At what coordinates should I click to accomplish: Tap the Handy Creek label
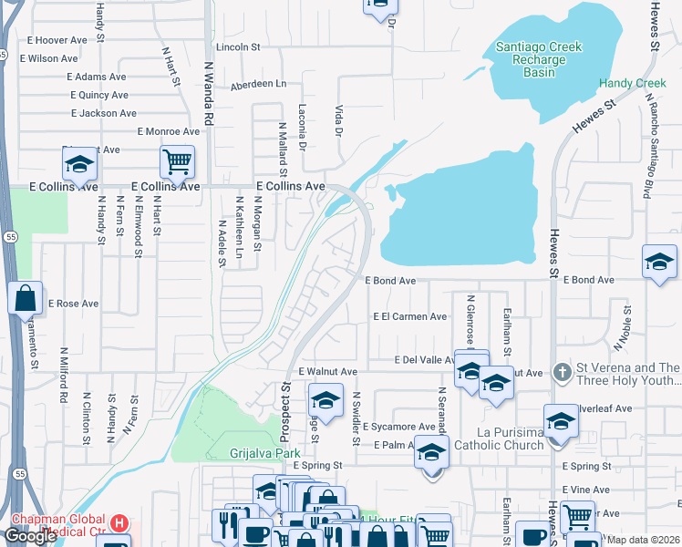tap(633, 84)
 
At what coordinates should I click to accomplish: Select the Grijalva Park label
tap(265, 452)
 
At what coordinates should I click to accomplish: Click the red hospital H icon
tap(120, 524)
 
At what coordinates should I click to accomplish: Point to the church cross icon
tap(563, 372)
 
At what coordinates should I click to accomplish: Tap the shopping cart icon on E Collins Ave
tap(177, 162)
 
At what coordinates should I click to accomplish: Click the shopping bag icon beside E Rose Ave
tap(25, 297)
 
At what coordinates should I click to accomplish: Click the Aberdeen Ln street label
tap(258, 84)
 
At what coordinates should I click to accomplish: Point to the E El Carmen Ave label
tap(410, 317)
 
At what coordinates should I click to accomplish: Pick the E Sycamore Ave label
tap(398, 427)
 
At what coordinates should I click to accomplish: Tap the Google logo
tap(30, 536)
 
